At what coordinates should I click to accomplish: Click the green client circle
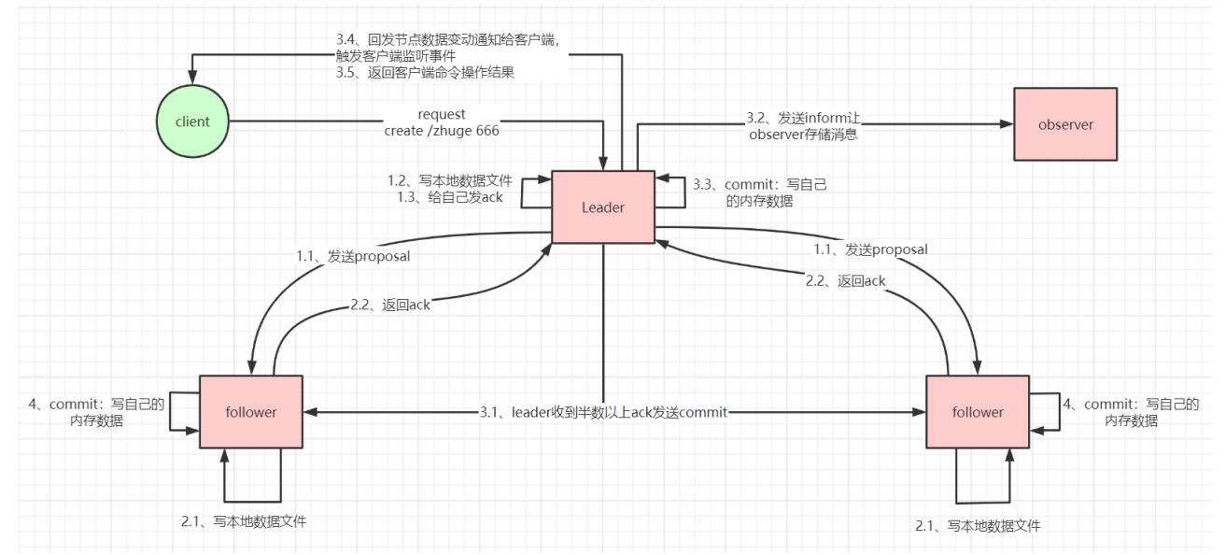click(193, 121)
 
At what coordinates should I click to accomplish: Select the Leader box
click(602, 207)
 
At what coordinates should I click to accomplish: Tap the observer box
click(1064, 124)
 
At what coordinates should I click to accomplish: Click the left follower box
click(251, 411)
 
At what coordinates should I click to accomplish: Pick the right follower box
click(977, 411)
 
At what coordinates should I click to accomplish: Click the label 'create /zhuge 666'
click(442, 131)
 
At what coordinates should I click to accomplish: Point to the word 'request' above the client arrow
click(442, 115)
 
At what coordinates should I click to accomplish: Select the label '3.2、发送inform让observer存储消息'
click(804, 125)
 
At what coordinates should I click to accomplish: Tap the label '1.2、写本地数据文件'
click(450, 179)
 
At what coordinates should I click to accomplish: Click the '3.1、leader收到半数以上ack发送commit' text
click(603, 412)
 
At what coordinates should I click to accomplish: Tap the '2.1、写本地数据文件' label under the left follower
click(244, 521)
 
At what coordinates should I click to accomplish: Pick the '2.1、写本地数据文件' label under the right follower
click(978, 526)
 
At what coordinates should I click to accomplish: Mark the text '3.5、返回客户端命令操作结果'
click(425, 72)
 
